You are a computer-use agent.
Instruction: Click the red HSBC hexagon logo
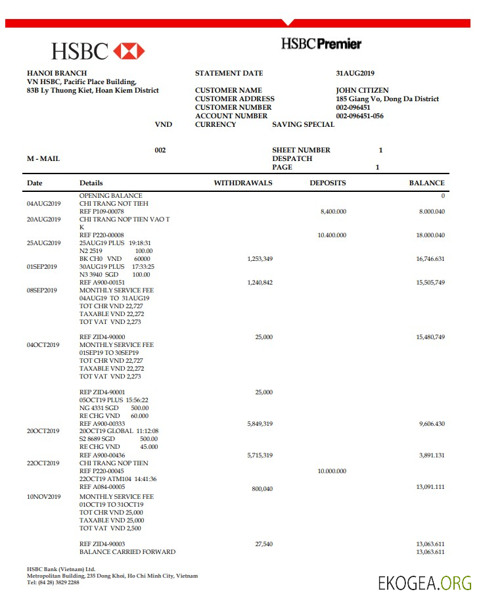(x=129, y=51)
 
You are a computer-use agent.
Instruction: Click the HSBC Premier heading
(x=321, y=44)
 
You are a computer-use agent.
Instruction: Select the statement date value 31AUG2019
(x=355, y=74)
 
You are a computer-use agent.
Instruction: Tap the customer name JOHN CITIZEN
(x=362, y=91)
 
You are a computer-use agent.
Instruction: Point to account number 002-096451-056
(x=359, y=116)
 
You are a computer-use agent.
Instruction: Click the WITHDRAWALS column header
(x=243, y=183)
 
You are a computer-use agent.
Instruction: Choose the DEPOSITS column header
(x=328, y=183)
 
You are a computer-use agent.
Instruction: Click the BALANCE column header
(x=426, y=183)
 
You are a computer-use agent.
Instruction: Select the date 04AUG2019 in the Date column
(x=43, y=204)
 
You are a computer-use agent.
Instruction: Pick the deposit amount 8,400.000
(x=333, y=212)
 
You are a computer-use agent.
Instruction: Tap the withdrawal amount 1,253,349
(x=260, y=260)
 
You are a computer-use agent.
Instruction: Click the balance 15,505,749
(x=430, y=283)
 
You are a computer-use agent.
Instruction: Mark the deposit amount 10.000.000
(x=331, y=471)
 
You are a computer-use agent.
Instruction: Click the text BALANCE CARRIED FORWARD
(x=127, y=552)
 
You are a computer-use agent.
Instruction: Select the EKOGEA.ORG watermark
(x=424, y=583)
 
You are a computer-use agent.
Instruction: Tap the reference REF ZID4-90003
(x=102, y=544)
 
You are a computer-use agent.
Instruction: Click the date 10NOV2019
(x=43, y=498)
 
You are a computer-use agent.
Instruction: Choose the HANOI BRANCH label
(x=57, y=74)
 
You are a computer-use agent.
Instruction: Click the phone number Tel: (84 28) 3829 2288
(x=53, y=582)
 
